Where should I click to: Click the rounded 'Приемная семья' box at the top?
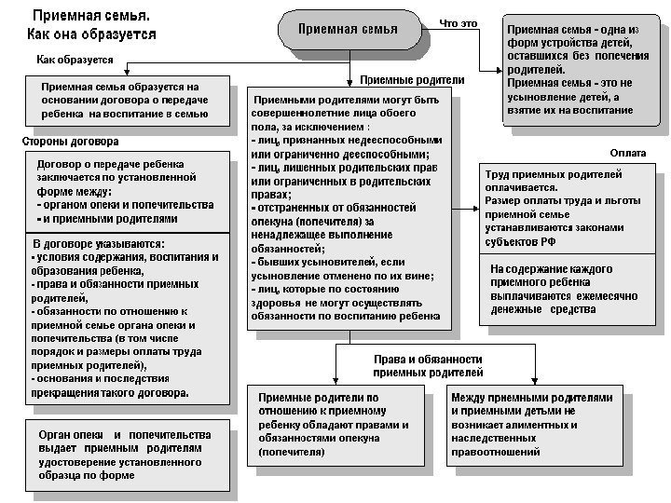coord(348,30)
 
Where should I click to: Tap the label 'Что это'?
coord(459,23)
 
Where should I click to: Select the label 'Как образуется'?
coord(75,60)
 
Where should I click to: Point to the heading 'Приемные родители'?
coord(411,80)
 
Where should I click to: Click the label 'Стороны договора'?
coord(70,142)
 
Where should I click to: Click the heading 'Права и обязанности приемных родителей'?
coord(427,364)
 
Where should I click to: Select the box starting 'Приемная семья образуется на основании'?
coord(126,101)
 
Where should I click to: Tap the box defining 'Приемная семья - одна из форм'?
coord(572,69)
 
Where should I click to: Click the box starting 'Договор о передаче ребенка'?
coord(126,193)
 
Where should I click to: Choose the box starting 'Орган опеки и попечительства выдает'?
coord(126,455)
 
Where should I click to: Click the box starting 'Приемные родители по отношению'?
coord(335,425)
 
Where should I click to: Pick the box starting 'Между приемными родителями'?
coord(532,425)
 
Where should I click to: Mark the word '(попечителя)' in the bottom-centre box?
coord(292,453)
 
